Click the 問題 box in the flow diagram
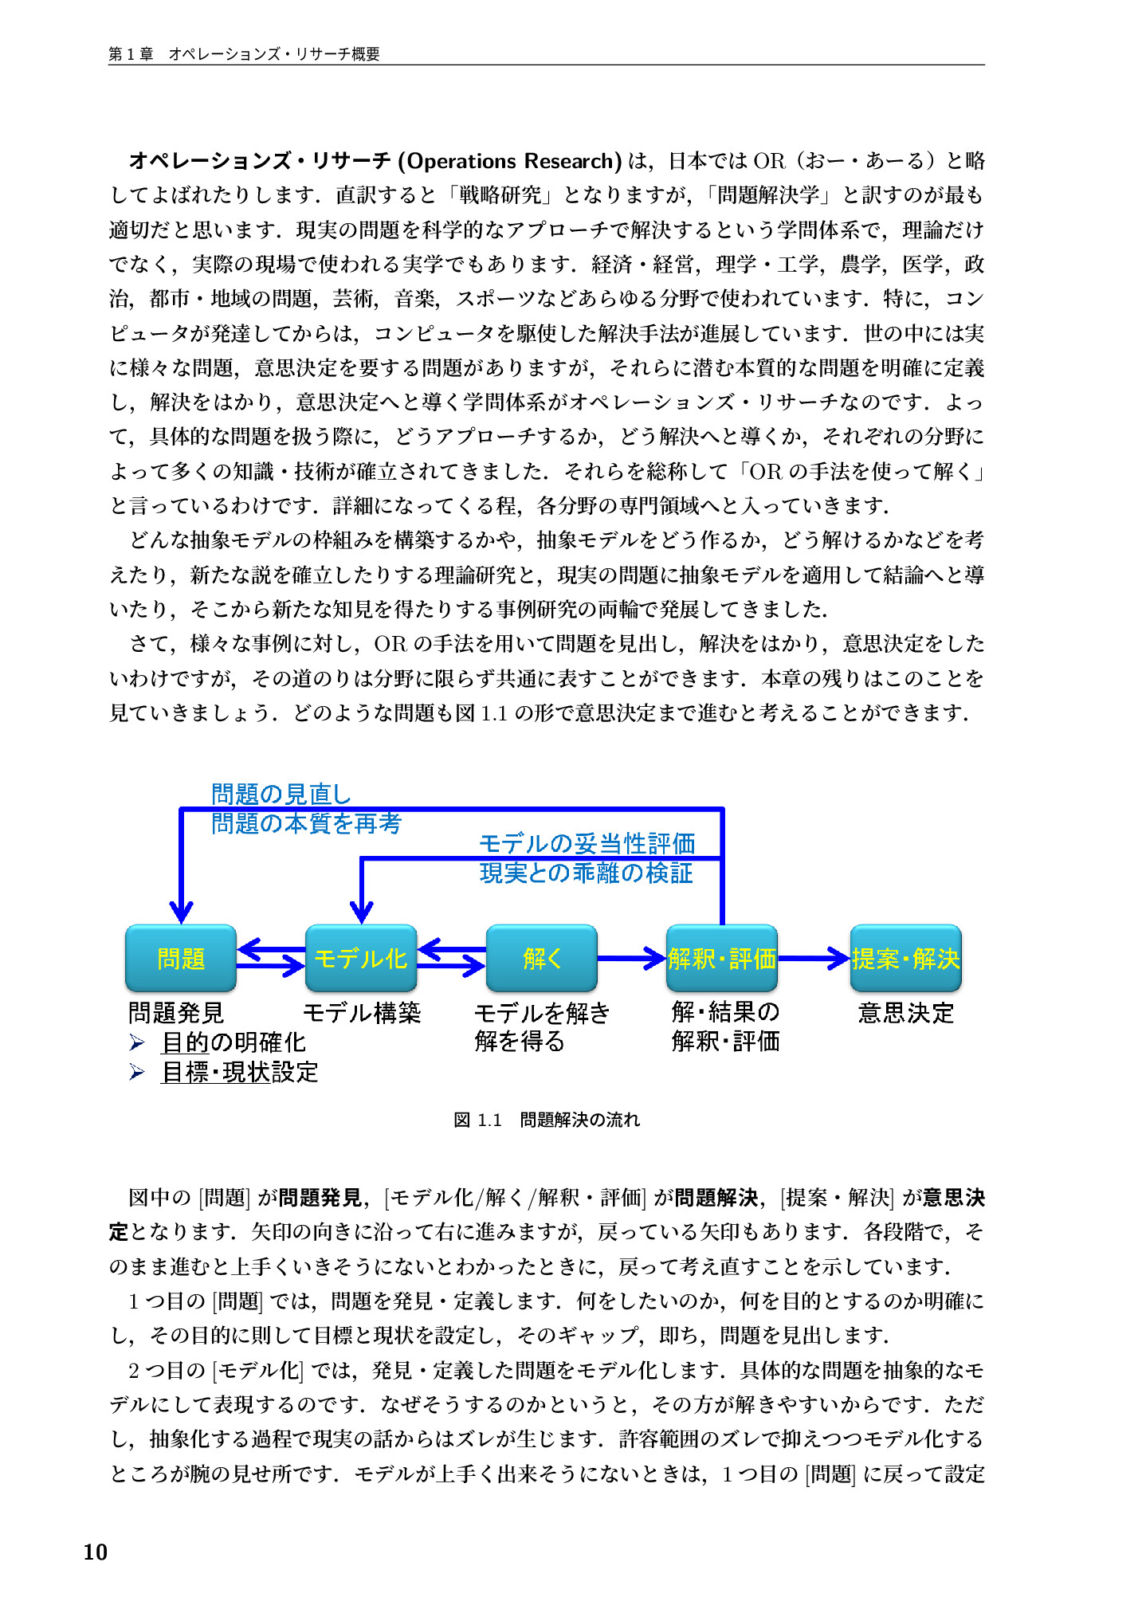point(181,958)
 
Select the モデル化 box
point(361,958)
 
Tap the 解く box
point(542,958)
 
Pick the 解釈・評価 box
point(722,958)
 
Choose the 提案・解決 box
point(905,958)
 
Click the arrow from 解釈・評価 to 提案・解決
point(813,958)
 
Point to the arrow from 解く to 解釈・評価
point(631,958)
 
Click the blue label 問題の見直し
point(281,794)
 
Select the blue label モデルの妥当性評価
point(587,843)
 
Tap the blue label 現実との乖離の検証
point(586,873)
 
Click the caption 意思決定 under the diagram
point(906,1013)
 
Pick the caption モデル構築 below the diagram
point(362,1013)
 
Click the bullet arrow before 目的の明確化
point(137,1042)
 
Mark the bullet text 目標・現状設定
point(239,1072)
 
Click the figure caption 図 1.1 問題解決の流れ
point(547,1120)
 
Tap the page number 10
point(95,1552)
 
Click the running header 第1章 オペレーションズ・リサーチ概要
point(244,54)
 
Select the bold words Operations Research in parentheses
point(509,161)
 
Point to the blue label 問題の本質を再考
point(306,823)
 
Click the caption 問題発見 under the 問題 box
point(176,1013)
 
